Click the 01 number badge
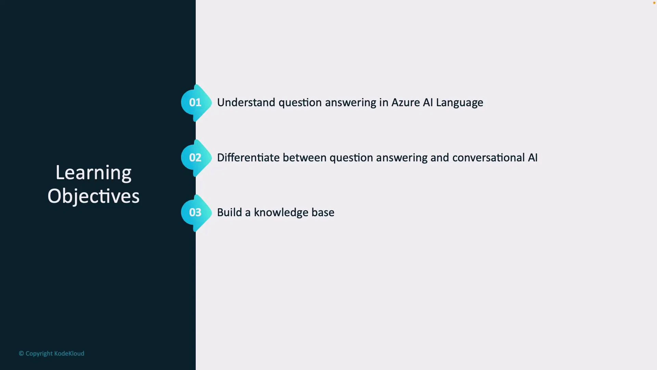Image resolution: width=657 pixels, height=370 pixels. pyautogui.click(x=195, y=102)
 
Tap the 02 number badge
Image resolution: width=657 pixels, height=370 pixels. pyautogui.click(x=195, y=158)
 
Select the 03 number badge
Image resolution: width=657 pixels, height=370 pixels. pyautogui.click(x=195, y=212)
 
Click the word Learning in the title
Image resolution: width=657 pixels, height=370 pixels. pyautogui.click(x=93, y=173)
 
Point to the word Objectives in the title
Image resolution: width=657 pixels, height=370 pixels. pyautogui.click(x=93, y=196)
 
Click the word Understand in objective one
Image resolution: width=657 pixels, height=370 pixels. pyautogui.click(x=246, y=102)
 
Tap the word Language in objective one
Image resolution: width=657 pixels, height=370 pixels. pyautogui.click(x=460, y=103)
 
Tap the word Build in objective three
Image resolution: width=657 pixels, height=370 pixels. pyautogui.click(x=230, y=212)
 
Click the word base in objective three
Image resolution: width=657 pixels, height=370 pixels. pyautogui.click(x=323, y=212)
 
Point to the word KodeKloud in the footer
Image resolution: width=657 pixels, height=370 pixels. pyautogui.click(x=69, y=354)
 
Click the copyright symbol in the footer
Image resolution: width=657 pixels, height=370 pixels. pyautogui.click(x=21, y=354)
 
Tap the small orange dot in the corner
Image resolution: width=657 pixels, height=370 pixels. pyautogui.click(x=654, y=3)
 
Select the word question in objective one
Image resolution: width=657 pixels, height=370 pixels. pyautogui.click(x=300, y=103)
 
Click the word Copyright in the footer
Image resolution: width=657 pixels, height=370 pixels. pyautogui.click(x=39, y=354)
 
